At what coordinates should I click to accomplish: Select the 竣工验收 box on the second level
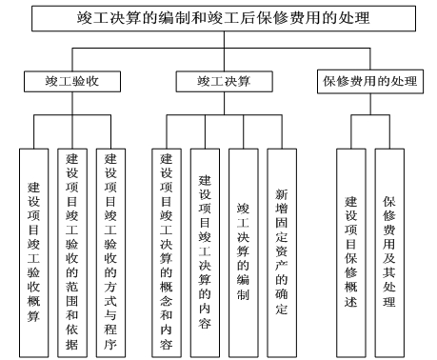pos(72,83)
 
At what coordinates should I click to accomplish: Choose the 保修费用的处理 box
pos(367,83)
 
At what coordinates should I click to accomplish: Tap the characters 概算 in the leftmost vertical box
pos(33,295)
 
